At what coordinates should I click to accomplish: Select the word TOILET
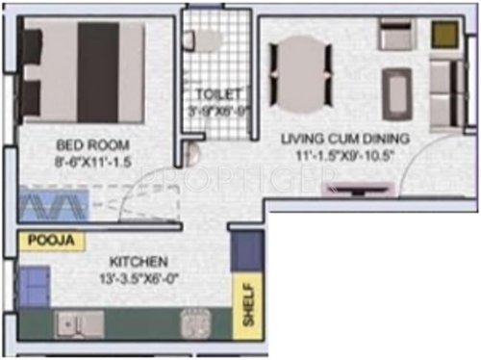click(216, 93)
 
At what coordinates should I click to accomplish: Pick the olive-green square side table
click(444, 35)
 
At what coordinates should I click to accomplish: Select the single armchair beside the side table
click(394, 36)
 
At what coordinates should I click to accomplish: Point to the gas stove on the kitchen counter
click(195, 324)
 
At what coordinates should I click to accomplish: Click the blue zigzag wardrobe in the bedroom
click(53, 207)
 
